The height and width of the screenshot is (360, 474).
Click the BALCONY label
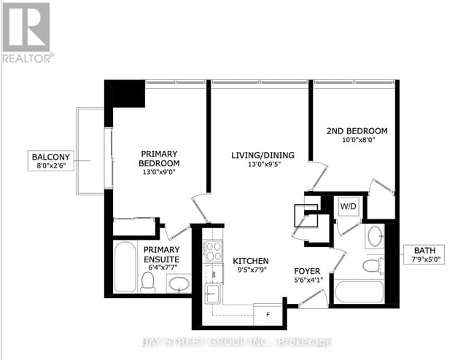tap(50, 156)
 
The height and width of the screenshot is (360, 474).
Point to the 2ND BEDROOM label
tap(356, 131)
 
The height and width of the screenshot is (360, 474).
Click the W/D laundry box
tap(348, 206)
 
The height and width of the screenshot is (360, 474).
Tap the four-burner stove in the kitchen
tap(213, 251)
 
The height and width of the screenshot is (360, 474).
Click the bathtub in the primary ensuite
tap(124, 267)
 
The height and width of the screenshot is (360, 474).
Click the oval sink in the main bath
tap(375, 236)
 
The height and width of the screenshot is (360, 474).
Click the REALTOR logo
tap(26, 33)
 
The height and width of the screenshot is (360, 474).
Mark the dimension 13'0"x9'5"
tap(252, 164)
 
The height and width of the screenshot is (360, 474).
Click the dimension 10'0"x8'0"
tap(356, 141)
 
